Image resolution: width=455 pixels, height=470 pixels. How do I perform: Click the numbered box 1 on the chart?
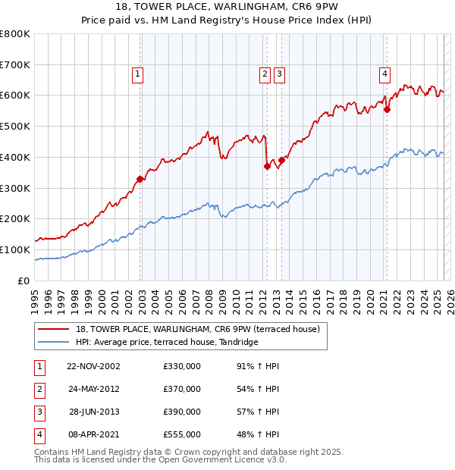(137, 74)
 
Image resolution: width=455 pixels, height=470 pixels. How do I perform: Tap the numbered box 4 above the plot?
(385, 74)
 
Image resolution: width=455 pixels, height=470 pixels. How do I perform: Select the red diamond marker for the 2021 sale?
(387, 109)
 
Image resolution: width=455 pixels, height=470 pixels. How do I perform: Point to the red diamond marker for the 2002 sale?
(140, 179)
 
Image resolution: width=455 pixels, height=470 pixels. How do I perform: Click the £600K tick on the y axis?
(15, 96)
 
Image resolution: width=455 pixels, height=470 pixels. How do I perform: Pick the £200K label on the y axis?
(15, 218)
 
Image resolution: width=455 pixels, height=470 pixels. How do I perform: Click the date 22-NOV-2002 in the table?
(93, 365)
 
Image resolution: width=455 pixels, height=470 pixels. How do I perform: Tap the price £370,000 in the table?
(182, 389)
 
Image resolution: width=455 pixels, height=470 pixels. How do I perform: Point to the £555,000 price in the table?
(182, 434)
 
